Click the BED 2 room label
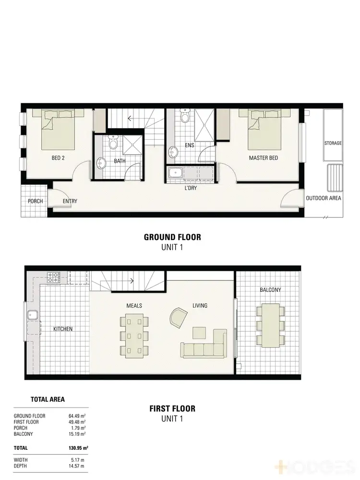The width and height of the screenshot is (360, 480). (58, 158)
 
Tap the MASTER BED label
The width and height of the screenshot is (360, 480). (263, 158)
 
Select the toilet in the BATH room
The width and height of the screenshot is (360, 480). (113, 143)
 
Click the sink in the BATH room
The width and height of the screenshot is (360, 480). (101, 164)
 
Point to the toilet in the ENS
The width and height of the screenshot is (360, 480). (184, 116)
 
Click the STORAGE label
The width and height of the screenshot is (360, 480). (333, 143)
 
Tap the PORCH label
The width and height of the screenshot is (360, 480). (35, 201)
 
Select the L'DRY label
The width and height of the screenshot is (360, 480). (190, 188)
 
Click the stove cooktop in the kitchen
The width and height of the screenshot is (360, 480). (53, 277)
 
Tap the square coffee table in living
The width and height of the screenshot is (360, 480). (200, 333)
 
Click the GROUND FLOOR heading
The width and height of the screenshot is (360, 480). (172, 237)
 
